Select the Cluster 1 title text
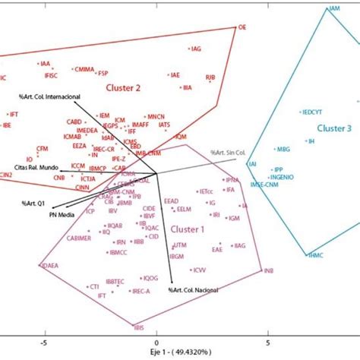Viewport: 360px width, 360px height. pyautogui.click(x=191, y=228)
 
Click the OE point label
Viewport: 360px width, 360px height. pyautogui.click(x=243, y=27)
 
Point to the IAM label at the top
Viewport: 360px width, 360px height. pyautogui.click(x=333, y=9)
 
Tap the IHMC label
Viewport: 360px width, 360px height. pyautogui.click(x=316, y=255)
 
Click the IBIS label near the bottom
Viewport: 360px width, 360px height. pyautogui.click(x=138, y=327)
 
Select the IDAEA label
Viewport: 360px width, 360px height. pyautogui.click(x=48, y=265)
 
